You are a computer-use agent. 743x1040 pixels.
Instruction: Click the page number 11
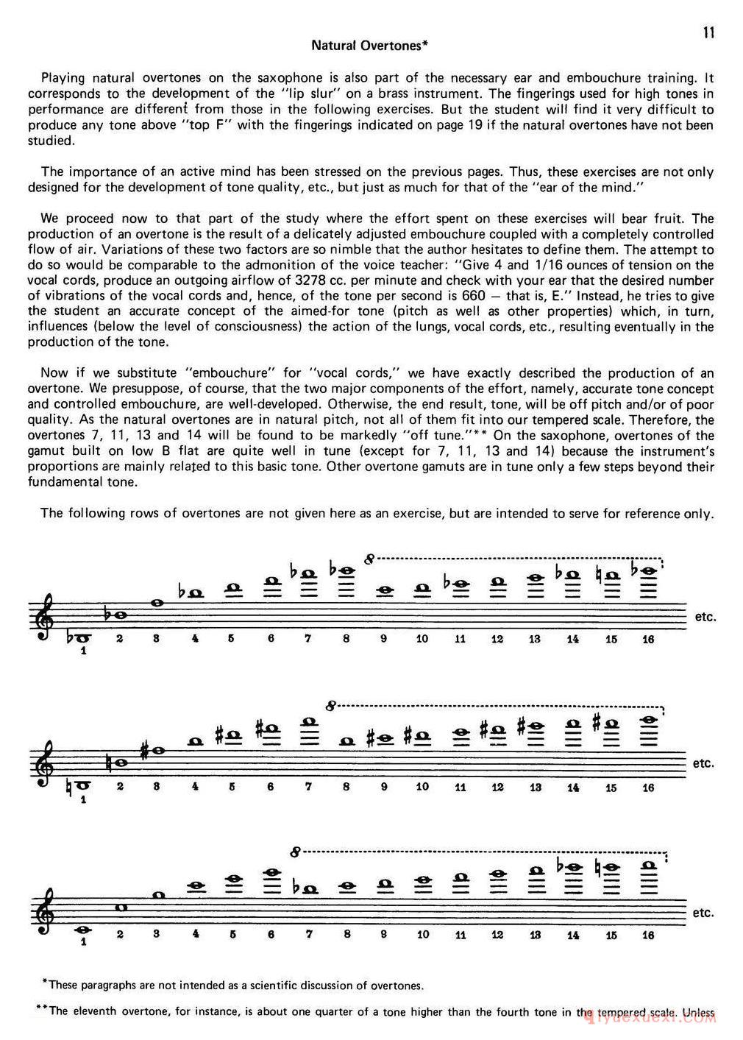(x=708, y=32)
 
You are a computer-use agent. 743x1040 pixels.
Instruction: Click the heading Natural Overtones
(x=369, y=46)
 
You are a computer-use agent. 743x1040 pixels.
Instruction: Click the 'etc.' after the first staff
(x=705, y=617)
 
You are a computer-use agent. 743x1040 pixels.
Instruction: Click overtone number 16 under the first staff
(x=648, y=639)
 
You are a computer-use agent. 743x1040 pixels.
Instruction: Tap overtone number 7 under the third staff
(x=310, y=935)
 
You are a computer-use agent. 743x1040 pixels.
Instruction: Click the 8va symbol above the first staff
(x=369, y=559)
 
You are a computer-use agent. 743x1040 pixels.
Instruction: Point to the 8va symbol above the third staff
(x=295, y=852)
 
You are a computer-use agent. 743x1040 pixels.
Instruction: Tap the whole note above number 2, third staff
(x=121, y=906)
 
